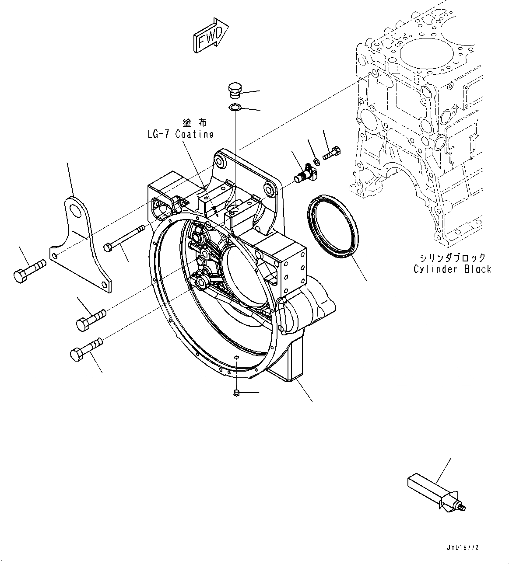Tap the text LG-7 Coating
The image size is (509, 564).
[180, 134]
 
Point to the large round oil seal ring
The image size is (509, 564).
[333, 227]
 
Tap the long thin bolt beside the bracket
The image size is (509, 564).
[125, 238]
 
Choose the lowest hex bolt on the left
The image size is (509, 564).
[85, 348]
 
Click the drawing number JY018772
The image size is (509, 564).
[463, 547]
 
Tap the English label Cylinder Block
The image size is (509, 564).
[452, 269]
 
